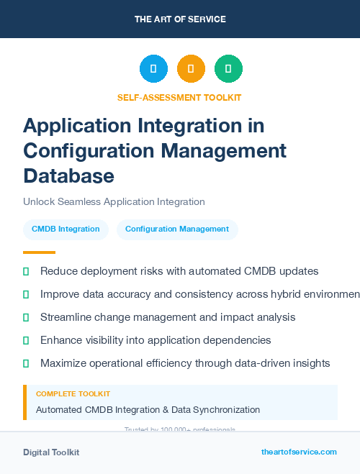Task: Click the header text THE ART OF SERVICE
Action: pos(180,19)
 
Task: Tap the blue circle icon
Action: pos(153,69)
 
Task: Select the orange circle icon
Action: pos(191,69)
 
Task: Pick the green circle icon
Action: pos(228,69)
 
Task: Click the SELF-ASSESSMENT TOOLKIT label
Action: pos(179,97)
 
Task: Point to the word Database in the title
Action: pos(68,176)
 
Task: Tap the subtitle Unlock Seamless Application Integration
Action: pos(114,202)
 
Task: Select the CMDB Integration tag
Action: pos(66,229)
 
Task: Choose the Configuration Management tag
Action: pos(177,229)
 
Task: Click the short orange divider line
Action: pos(39,252)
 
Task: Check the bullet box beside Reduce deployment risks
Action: pos(27,271)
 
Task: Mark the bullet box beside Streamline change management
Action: pos(27,317)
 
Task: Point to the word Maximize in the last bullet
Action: pos(64,363)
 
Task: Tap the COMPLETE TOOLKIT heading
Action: pos(73,394)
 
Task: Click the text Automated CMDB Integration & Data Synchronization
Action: pos(148,410)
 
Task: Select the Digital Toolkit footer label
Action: pos(51,452)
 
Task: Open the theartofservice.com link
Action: pos(299,452)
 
